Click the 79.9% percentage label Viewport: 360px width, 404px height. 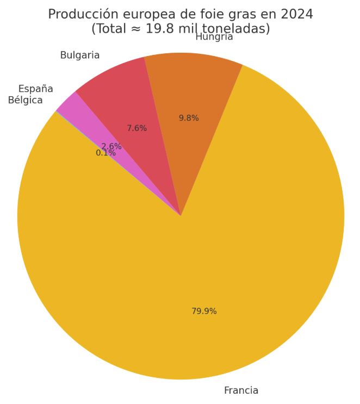204,311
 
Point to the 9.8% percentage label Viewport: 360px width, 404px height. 189,118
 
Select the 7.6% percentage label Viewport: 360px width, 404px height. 136,128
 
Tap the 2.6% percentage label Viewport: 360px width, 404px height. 111,146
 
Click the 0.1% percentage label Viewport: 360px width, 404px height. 105,153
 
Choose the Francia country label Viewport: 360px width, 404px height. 241,390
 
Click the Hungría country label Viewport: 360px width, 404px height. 214,37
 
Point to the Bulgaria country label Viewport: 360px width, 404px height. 80,55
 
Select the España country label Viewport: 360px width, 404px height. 35,89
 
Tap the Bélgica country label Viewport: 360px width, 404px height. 25,100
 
